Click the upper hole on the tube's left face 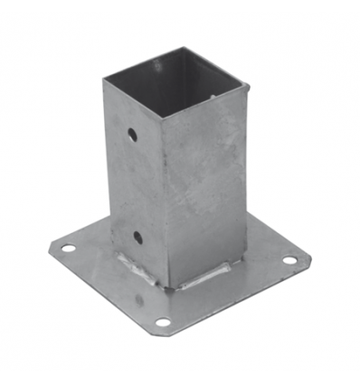(x=132, y=135)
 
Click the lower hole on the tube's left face (x=137, y=238)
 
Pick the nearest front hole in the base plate (x=162, y=322)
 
